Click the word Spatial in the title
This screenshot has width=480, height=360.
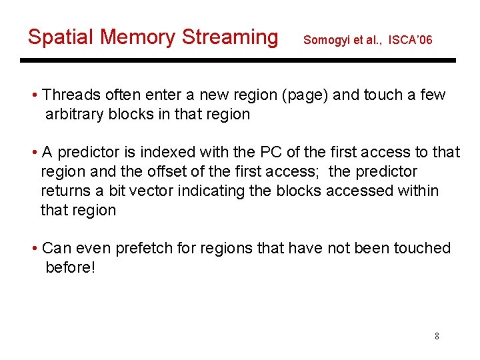click(61, 37)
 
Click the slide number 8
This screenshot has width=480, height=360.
click(437, 336)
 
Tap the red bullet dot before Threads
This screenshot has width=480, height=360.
click(34, 95)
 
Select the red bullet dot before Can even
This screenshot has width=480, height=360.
click(34, 249)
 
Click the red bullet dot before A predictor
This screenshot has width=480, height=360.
click(34, 153)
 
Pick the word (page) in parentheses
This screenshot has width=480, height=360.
click(305, 95)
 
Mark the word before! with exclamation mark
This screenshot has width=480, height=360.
click(70, 267)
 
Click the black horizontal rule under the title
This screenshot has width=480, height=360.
click(238, 61)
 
